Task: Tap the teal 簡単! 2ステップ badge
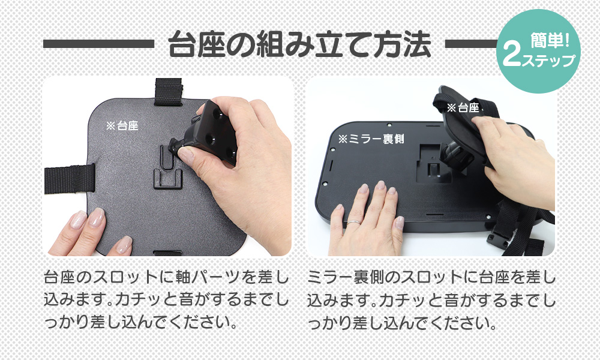point(538,51)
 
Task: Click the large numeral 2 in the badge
point(512,55)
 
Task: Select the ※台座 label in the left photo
point(122,125)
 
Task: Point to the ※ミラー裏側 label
point(371,139)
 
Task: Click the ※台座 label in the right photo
point(463,107)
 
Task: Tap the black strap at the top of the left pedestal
point(169,92)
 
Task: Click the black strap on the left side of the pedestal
point(70,178)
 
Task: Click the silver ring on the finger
point(353,222)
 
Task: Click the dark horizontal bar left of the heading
point(99,44)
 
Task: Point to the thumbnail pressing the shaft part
point(187,154)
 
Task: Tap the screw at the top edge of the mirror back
point(389,125)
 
